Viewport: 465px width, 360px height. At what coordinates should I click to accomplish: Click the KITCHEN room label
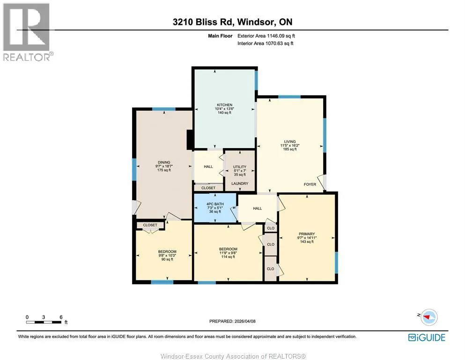(x=224, y=105)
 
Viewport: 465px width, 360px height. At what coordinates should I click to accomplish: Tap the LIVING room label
(x=290, y=142)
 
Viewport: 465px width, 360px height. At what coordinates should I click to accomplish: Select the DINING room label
(x=164, y=162)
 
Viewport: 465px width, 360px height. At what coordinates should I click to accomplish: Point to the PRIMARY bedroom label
(x=307, y=234)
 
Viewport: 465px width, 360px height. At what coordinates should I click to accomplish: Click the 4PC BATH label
(x=215, y=204)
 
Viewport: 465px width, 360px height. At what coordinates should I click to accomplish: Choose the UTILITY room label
(x=240, y=167)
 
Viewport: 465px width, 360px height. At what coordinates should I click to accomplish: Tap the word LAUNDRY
(x=240, y=183)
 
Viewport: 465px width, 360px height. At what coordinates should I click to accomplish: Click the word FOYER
(x=310, y=184)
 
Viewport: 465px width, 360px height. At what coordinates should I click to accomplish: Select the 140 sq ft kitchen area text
(x=224, y=113)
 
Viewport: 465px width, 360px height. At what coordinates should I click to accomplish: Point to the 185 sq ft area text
(x=290, y=149)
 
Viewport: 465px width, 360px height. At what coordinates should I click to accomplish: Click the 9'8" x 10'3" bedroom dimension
(x=167, y=255)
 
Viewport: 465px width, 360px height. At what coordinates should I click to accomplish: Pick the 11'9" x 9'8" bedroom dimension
(x=228, y=253)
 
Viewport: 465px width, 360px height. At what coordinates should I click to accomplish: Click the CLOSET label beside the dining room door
(x=150, y=225)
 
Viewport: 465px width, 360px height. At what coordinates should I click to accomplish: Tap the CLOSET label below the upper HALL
(x=208, y=188)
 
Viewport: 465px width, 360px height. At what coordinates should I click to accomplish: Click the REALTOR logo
(x=27, y=32)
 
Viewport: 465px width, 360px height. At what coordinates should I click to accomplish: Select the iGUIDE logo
(x=427, y=337)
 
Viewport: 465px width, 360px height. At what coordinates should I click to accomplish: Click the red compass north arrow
(x=428, y=317)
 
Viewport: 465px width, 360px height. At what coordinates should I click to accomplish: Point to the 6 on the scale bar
(x=61, y=317)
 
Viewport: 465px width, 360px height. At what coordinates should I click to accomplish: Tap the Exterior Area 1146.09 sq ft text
(x=266, y=36)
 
